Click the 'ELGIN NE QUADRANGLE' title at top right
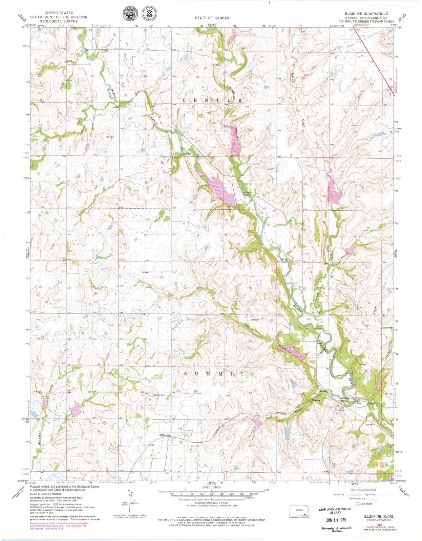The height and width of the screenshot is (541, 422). coord(364,14)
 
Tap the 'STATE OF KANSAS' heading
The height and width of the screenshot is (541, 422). coord(211,18)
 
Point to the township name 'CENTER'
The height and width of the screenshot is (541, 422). coord(213,100)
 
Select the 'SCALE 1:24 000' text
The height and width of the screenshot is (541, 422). coord(211,487)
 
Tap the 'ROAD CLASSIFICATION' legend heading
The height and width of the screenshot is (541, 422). coord(363,490)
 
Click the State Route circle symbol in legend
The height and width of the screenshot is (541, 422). coord(358,503)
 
